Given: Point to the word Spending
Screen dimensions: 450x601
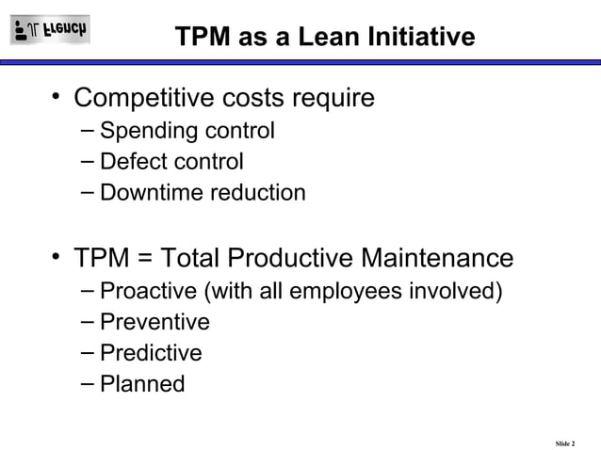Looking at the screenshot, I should [140, 131].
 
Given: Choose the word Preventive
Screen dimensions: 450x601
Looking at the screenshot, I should [154, 322].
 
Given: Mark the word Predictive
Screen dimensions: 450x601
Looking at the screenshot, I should [151, 354].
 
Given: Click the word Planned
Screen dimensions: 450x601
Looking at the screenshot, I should [142, 385].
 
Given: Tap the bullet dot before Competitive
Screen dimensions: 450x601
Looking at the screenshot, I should [57, 96].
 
